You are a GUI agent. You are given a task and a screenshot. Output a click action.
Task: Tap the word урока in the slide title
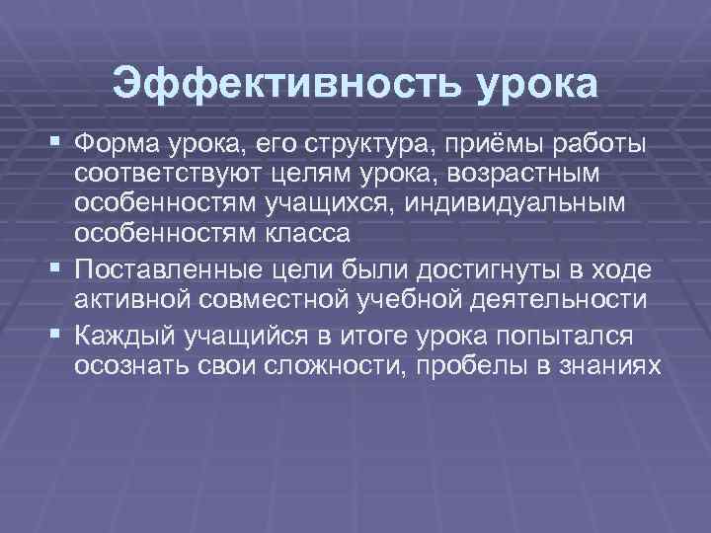tap(538, 84)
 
